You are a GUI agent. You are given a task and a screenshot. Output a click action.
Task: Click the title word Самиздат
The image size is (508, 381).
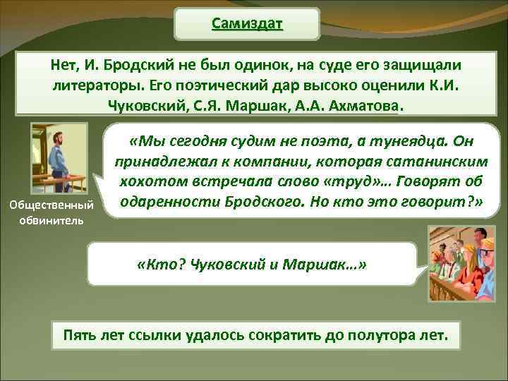247,24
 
